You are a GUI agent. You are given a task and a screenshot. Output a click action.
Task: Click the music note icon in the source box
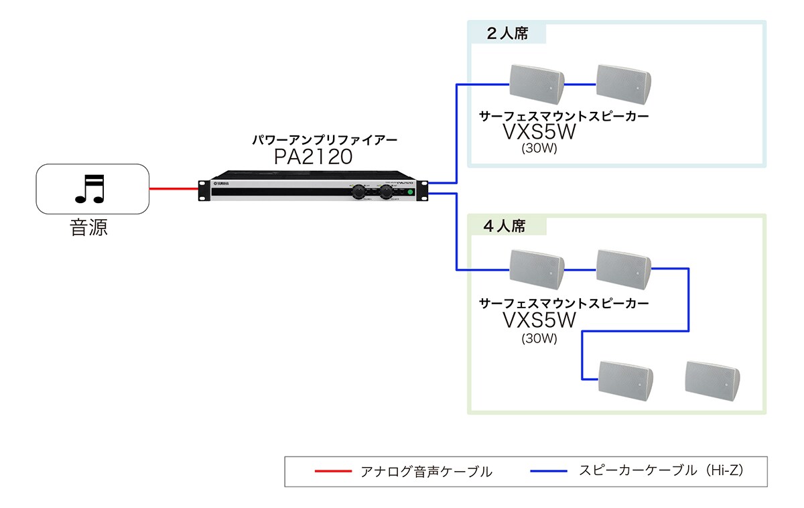tap(90, 189)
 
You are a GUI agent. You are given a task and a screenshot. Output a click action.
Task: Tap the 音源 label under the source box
tap(89, 228)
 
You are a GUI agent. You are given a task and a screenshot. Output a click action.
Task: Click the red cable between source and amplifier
tap(174, 189)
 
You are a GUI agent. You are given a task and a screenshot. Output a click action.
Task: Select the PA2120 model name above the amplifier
tap(313, 157)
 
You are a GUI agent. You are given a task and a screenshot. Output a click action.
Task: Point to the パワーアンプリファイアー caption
tap(324, 140)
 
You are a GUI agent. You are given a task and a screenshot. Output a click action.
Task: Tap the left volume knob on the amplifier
tap(360, 192)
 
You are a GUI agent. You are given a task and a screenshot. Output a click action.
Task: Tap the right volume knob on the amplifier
tap(387, 192)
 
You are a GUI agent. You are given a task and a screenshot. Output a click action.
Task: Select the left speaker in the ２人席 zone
tap(536, 83)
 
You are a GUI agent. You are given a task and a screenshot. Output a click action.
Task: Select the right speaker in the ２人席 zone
tap(623, 83)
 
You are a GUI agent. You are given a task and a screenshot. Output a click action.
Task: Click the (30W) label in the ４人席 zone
tap(539, 338)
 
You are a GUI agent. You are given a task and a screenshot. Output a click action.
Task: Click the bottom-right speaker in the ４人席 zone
tap(712, 379)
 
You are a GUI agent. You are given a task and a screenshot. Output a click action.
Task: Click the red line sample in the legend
tap(333, 471)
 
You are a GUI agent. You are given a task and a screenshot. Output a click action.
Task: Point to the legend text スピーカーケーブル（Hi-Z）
tap(661, 470)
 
